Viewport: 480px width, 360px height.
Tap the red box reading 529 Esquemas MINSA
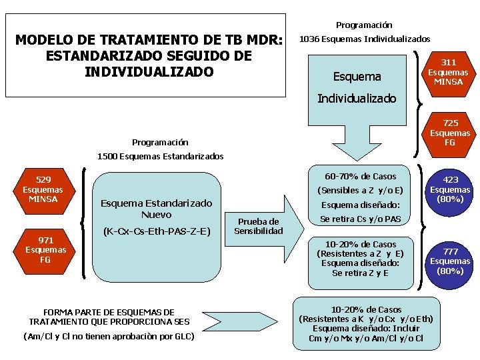click(x=43, y=189)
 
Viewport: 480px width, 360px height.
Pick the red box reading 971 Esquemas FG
click(x=45, y=250)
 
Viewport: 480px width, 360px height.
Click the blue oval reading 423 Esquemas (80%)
click(x=451, y=189)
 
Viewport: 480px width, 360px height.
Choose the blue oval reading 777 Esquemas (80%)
click(x=451, y=261)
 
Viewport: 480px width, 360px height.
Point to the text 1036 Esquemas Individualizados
click(x=364, y=39)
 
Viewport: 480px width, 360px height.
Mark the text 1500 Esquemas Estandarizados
click(x=160, y=157)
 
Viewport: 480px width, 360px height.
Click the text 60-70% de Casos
click(x=360, y=177)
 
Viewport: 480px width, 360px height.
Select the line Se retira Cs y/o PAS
click(x=360, y=219)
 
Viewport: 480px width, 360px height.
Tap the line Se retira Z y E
click(x=359, y=273)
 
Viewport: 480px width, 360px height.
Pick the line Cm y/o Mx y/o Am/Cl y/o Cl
click(x=366, y=338)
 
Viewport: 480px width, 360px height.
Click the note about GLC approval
click(x=109, y=336)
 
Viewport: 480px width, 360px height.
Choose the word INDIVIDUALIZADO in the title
click(x=149, y=71)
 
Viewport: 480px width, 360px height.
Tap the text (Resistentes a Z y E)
click(x=359, y=253)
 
